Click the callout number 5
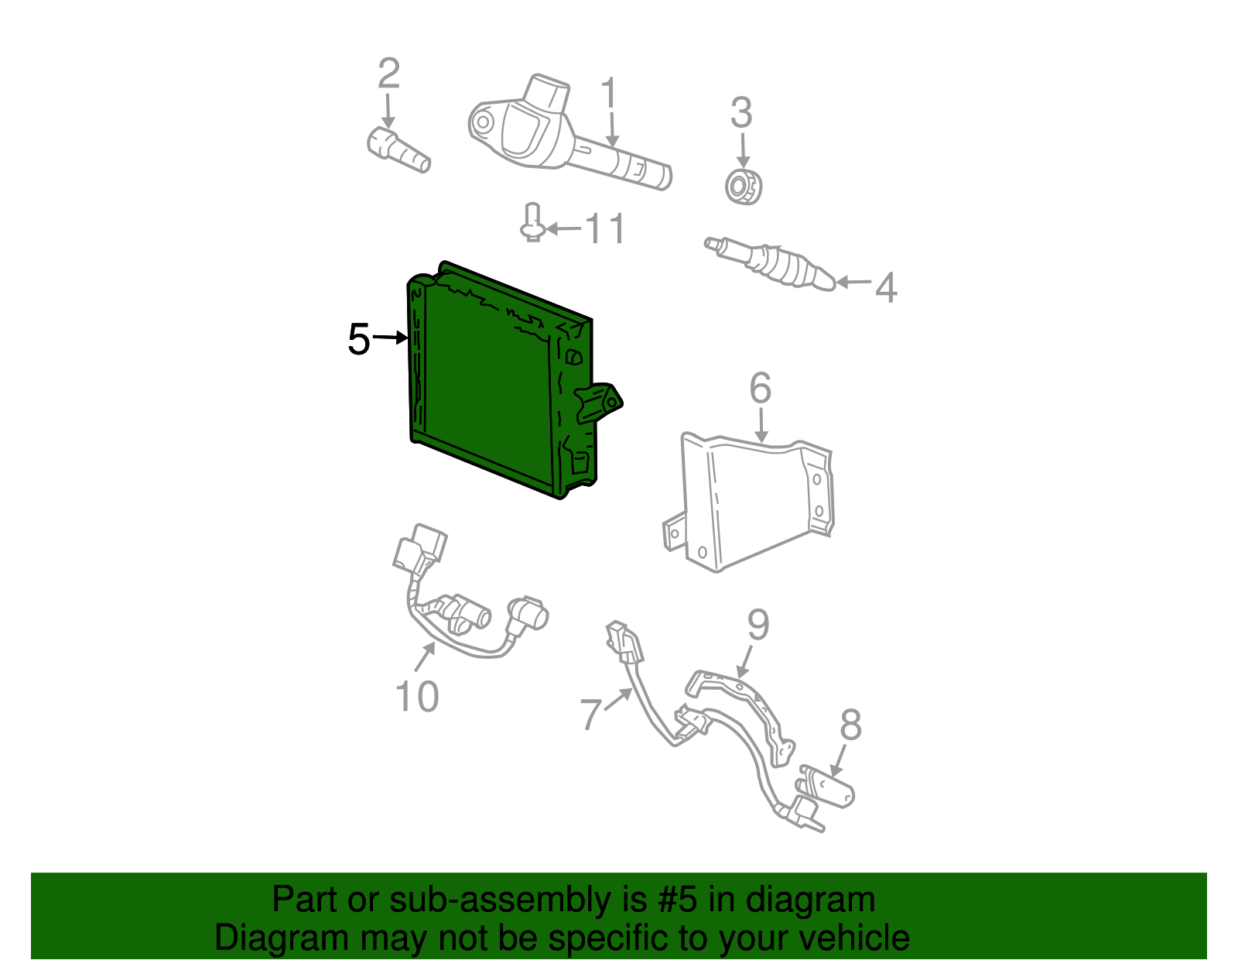[x=359, y=339]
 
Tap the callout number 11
[x=605, y=228]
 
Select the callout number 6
[x=761, y=388]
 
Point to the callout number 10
[x=417, y=696]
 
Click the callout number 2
[x=389, y=74]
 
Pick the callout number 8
[x=850, y=725]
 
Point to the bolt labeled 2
[x=398, y=150]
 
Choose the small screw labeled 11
[x=532, y=222]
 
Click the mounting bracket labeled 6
[x=749, y=504]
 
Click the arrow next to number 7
[x=617, y=699]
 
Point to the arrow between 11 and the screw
[x=563, y=229]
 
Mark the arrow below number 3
[x=742, y=151]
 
